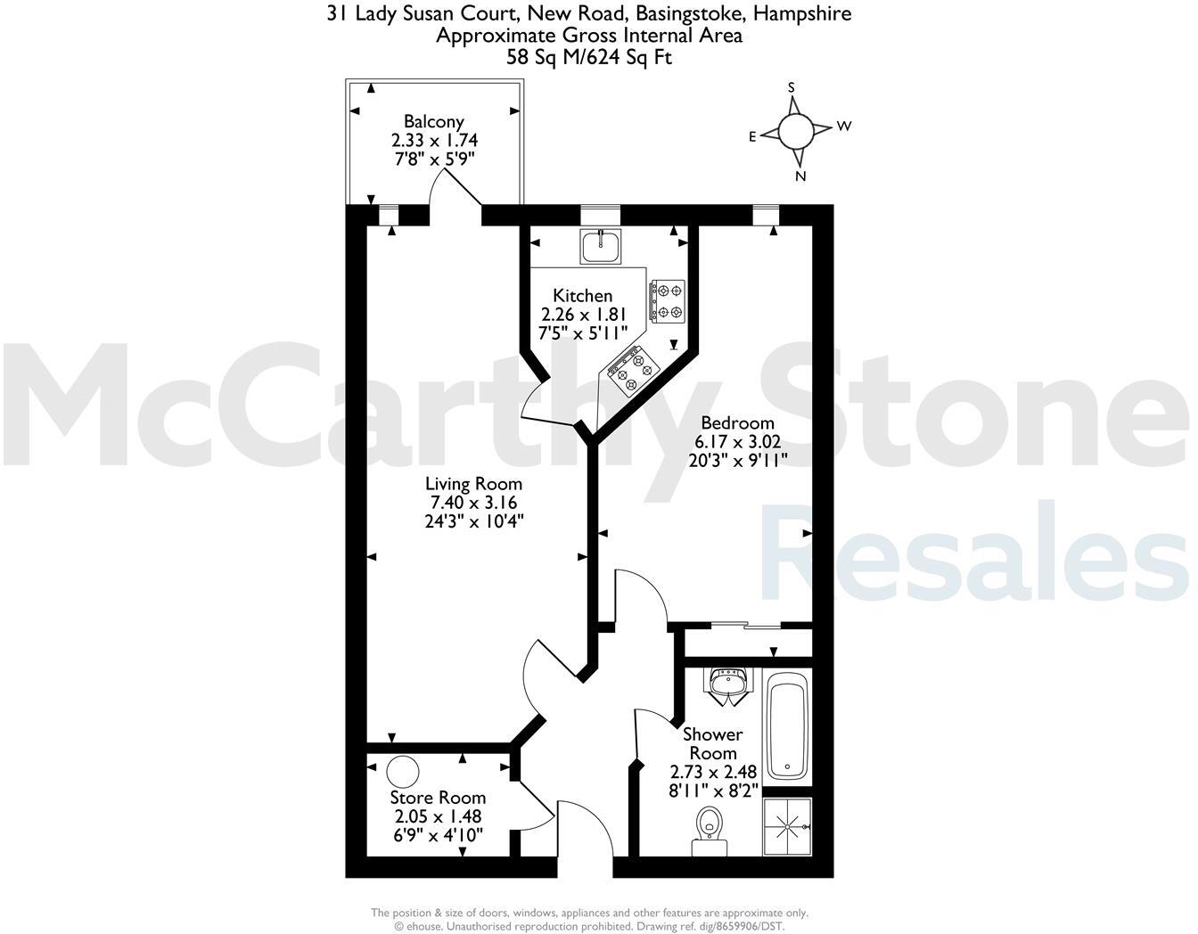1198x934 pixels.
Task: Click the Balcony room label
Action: pos(433,122)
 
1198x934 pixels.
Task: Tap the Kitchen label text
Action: pos(582,296)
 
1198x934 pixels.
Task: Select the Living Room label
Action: pos(473,484)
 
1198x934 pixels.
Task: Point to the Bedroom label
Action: pos(737,423)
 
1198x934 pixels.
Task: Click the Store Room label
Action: pos(438,798)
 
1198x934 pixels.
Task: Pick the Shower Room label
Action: pos(712,743)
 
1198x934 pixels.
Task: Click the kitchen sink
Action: pos(602,246)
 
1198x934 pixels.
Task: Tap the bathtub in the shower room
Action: pos(789,727)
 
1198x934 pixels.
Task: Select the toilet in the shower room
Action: pos(709,824)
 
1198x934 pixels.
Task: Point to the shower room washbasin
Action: pos(730,685)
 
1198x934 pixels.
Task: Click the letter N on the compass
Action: pos(800,176)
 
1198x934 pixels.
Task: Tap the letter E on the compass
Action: pos(752,136)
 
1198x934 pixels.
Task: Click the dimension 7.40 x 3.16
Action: pos(473,503)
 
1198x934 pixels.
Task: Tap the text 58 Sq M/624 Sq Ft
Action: pos(588,58)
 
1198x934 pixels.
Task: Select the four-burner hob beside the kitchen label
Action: pos(668,300)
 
